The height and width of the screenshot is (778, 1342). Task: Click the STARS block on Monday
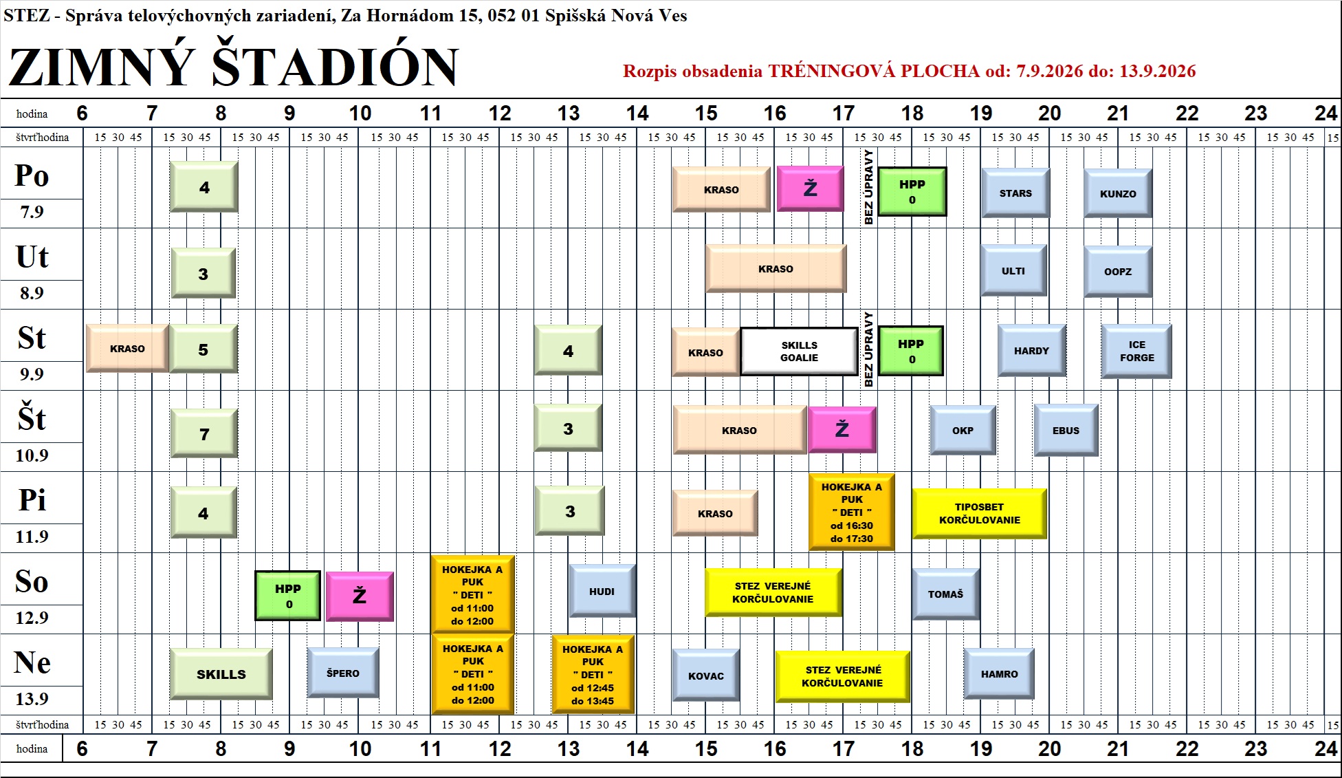[1015, 193]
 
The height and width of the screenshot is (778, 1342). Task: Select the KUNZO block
[1118, 193]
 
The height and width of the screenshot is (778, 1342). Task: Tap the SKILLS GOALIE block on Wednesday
[799, 352]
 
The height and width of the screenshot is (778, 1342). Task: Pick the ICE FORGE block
[1136, 351]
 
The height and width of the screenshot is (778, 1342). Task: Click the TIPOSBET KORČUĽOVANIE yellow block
[979, 513]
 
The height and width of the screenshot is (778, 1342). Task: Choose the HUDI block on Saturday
[602, 591]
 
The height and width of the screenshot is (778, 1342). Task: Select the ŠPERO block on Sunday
[343, 673]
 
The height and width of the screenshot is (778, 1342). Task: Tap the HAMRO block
[999, 674]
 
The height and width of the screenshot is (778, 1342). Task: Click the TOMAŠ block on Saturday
[946, 594]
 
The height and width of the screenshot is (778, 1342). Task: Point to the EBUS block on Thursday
[1066, 430]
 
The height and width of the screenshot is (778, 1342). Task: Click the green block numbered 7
[204, 433]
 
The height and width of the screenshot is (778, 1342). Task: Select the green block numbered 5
[203, 349]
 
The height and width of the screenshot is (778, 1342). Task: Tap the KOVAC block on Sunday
[706, 675]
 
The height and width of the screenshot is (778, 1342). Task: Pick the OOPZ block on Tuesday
[1118, 271]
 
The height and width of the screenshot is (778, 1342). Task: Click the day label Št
[32, 418]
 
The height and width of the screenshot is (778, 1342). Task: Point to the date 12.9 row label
[32, 617]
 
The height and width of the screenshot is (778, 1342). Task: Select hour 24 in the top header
[1325, 113]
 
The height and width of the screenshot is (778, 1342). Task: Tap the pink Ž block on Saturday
[360, 596]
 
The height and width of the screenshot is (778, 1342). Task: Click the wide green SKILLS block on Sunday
[221, 673]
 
